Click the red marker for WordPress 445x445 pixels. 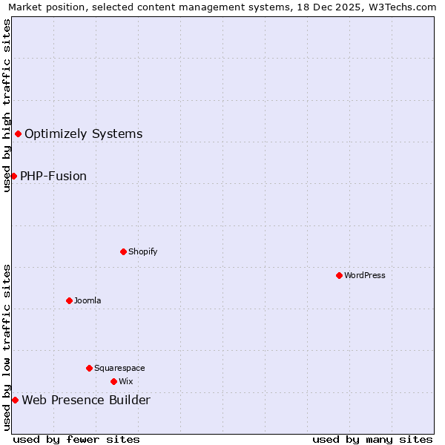[339, 275]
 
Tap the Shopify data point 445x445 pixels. [123, 251]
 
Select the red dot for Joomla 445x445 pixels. [69, 300]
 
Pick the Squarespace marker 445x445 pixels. [89, 368]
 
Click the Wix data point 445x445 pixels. [113, 381]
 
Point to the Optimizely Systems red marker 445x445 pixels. [18, 133]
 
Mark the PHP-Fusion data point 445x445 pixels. [13, 176]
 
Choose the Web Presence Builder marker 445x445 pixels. [15, 400]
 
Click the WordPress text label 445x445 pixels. [365, 275]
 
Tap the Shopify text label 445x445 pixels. [142, 251]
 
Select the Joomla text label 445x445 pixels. [88, 300]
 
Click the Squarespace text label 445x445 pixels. [119, 368]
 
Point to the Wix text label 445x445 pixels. [125, 381]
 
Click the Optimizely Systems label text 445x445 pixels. [83, 133]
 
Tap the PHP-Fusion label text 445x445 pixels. [53, 176]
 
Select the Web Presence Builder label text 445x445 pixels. [86, 400]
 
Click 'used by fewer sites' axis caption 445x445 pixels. [76, 439]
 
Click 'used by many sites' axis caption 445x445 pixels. [372, 439]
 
